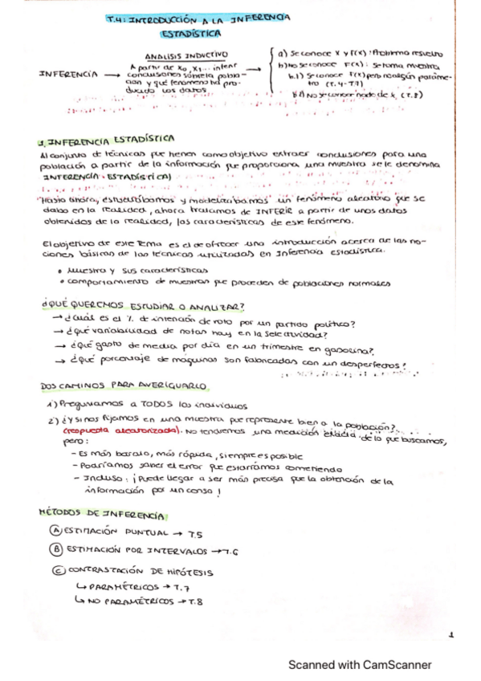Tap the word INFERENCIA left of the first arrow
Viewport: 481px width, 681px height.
(64, 75)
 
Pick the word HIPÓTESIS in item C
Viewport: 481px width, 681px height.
(190, 570)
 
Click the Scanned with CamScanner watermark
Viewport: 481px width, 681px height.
(360, 665)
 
